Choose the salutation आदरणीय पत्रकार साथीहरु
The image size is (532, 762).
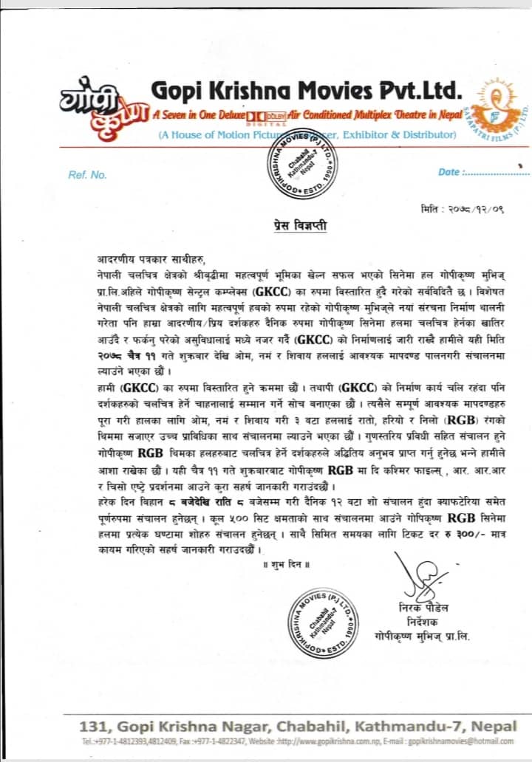tap(148, 258)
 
